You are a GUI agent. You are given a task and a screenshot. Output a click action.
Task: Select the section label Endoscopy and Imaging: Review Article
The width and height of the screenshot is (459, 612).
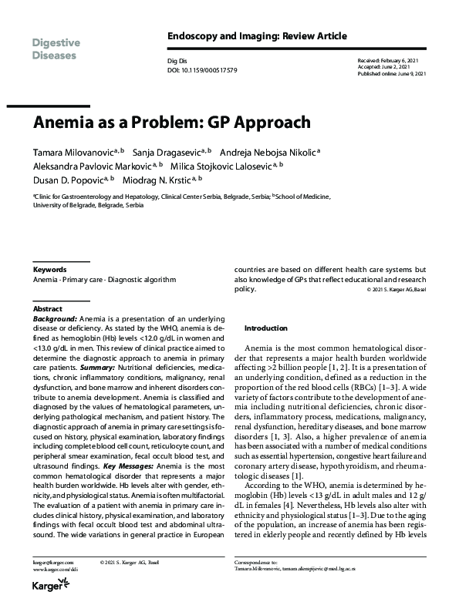click(x=257, y=36)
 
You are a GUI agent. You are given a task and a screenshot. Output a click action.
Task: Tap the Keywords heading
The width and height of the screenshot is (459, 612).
click(x=50, y=271)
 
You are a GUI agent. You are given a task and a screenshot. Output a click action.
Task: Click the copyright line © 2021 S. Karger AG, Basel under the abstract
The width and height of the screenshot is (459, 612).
click(x=397, y=290)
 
